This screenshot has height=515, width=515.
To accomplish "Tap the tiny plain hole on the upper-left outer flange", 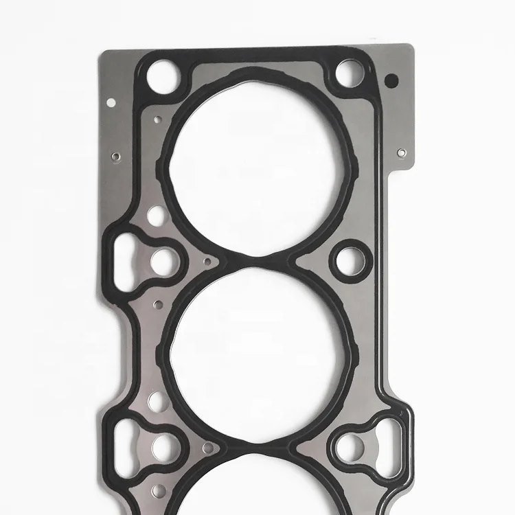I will pyautogui.click(x=111, y=103).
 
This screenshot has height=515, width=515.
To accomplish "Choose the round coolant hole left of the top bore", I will pyautogui.click(x=156, y=217).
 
